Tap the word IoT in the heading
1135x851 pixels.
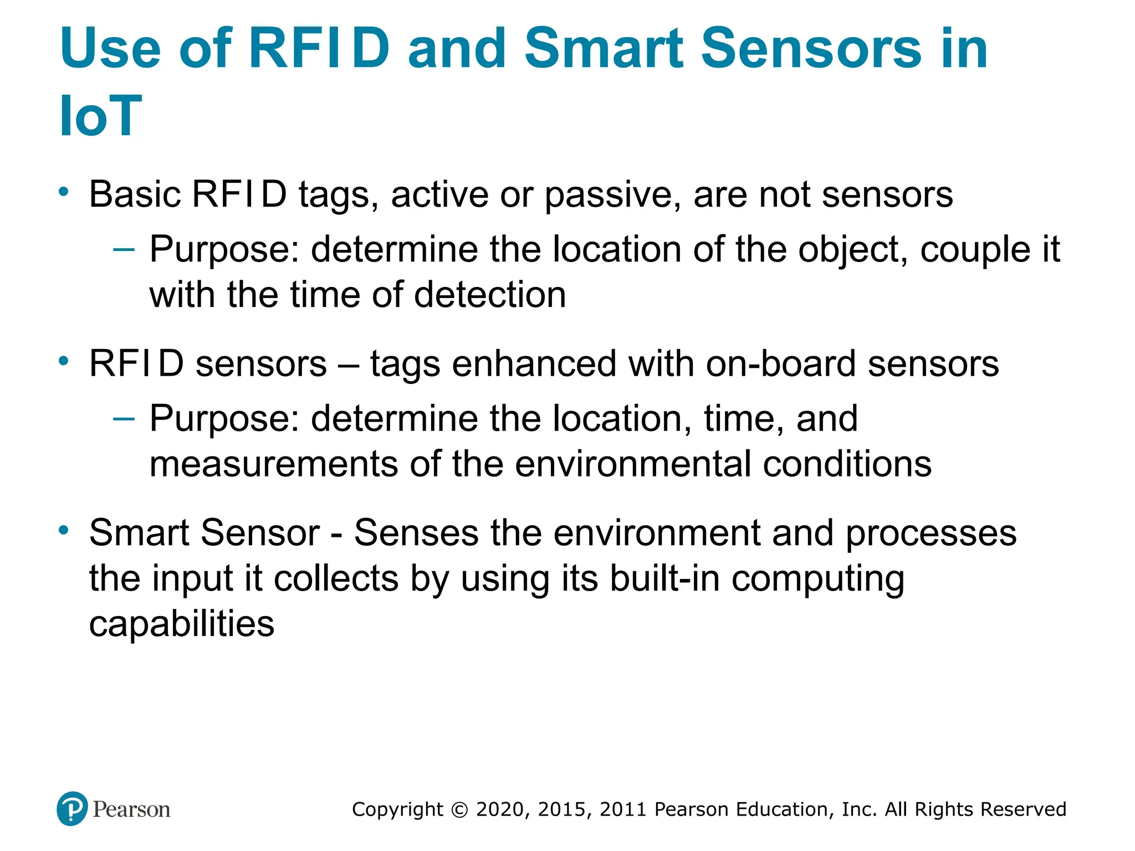(x=100, y=116)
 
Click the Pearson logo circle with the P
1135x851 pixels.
(x=72, y=808)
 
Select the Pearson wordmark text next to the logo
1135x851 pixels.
(x=131, y=809)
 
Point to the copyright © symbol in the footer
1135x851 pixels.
(x=459, y=809)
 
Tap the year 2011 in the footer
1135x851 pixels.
(x=623, y=809)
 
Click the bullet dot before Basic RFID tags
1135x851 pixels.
(x=64, y=192)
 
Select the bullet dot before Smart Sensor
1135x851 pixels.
(x=64, y=530)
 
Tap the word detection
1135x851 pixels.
(x=490, y=294)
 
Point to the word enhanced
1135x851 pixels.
(x=534, y=364)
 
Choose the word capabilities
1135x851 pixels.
(x=181, y=624)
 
